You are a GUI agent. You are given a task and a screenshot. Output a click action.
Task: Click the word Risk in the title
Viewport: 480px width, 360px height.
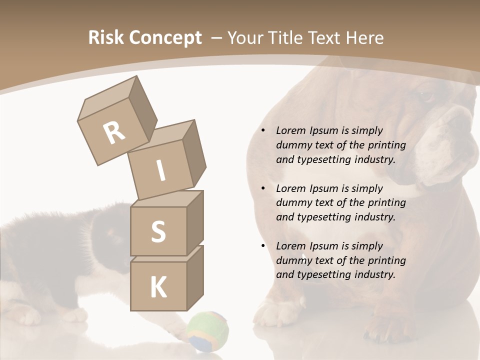[x=106, y=38]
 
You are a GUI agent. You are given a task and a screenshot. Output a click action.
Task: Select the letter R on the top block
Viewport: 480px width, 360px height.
[x=114, y=133]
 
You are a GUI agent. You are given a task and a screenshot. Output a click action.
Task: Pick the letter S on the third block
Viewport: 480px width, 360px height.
[x=158, y=232]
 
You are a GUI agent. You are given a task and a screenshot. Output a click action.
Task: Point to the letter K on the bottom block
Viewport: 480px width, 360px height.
[x=158, y=287]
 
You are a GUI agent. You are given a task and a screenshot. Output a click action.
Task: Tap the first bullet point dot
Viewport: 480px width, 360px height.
[x=263, y=131]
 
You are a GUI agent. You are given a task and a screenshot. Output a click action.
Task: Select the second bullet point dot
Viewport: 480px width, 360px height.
[x=263, y=188]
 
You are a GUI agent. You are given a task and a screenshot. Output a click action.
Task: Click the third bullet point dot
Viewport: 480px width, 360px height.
[x=263, y=246]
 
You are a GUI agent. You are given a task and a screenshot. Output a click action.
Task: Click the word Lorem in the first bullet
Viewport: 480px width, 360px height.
[x=290, y=131]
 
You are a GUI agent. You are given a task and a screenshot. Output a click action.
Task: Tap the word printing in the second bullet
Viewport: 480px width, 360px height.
[x=386, y=203]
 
